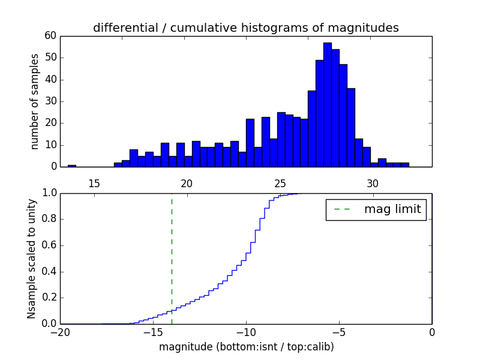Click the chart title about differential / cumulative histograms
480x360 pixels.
[x=245, y=28]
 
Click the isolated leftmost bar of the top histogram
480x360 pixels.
[x=72, y=166]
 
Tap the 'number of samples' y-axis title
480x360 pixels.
[x=35, y=101]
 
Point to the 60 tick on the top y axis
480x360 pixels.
[x=50, y=36]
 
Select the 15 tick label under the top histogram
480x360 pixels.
[x=94, y=182]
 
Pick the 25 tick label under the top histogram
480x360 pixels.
[x=280, y=182]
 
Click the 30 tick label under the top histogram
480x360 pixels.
[x=373, y=182]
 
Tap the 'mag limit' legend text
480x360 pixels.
[x=392, y=209]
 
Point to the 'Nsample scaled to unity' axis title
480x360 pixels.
[x=31, y=259]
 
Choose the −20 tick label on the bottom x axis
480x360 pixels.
[x=60, y=333]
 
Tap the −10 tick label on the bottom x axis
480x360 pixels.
[x=245, y=333]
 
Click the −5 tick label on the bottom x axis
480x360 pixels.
[x=338, y=333]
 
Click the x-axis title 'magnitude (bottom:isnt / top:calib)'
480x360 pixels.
[x=246, y=347]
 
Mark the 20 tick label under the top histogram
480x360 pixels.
[x=187, y=182]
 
